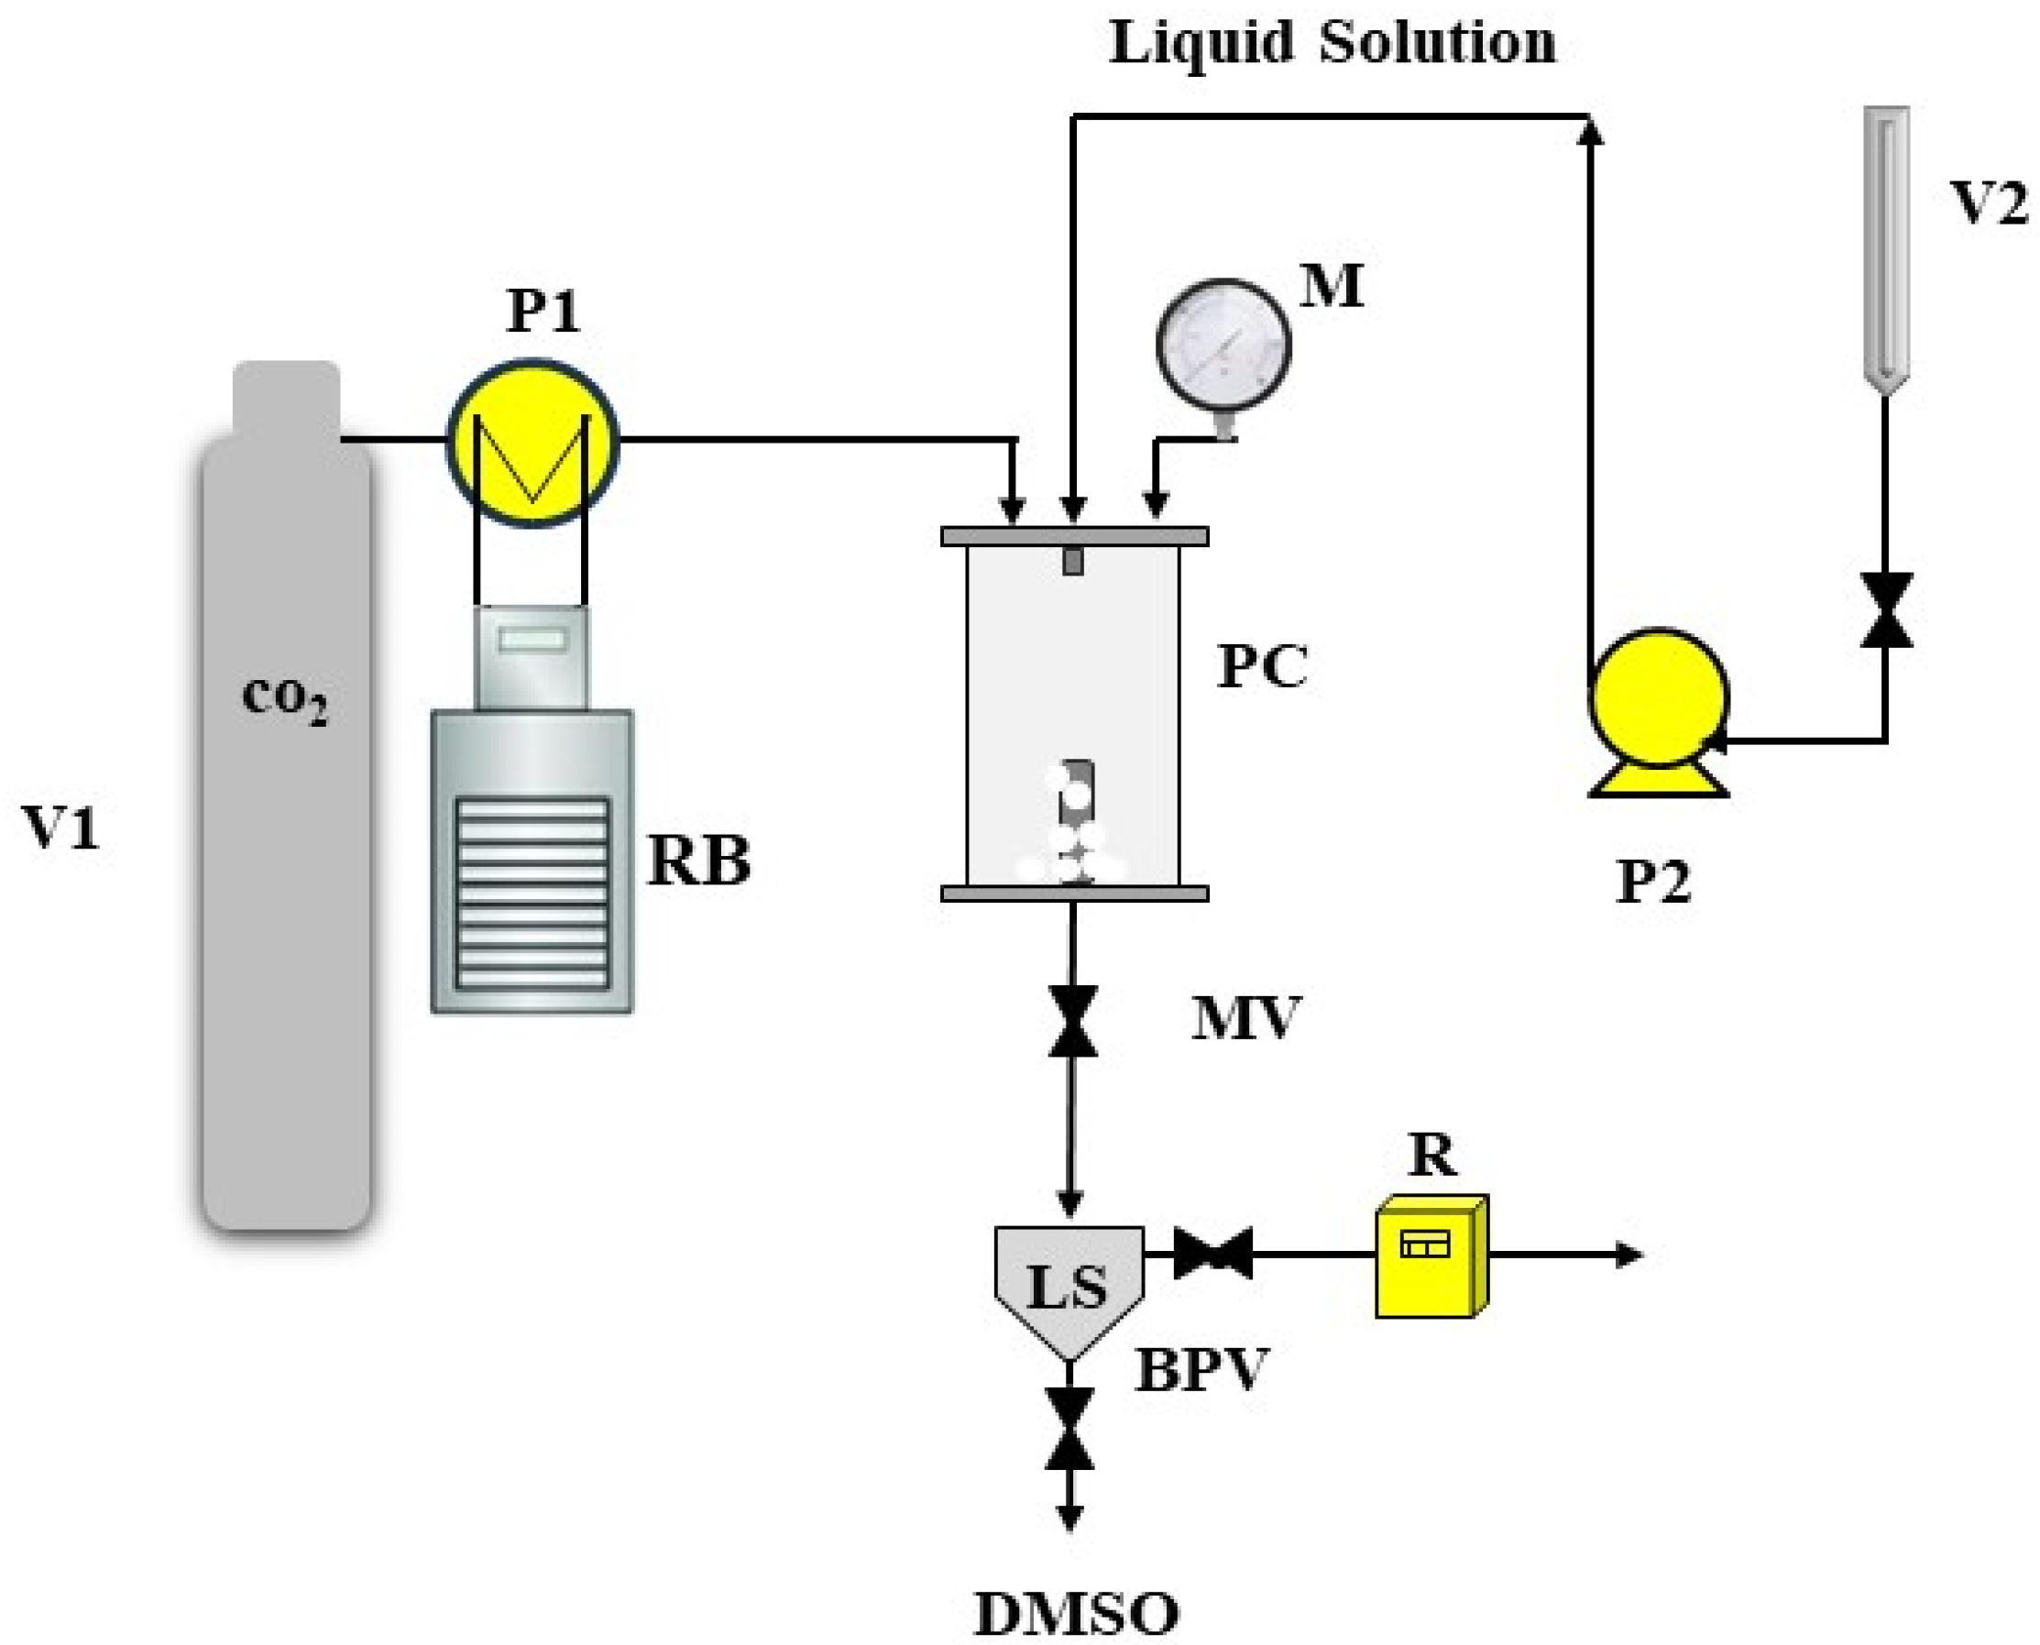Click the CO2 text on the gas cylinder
(x=284, y=698)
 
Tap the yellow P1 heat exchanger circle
(x=532, y=442)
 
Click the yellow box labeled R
(x=1429, y=1256)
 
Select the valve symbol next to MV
(x=1072, y=1022)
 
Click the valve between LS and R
(x=1212, y=1254)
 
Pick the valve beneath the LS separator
(x=1069, y=1429)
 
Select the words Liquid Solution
(x=1333, y=43)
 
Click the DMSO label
(x=1077, y=1615)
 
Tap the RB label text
(x=698, y=861)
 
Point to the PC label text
(x=1262, y=665)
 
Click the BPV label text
(x=1201, y=1369)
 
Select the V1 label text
(x=61, y=827)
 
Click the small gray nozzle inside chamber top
(x=1072, y=561)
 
